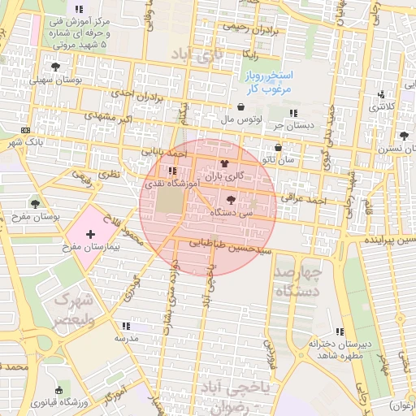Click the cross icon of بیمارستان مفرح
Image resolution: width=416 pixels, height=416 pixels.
click(x=89, y=234)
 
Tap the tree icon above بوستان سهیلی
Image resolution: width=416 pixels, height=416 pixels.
click(x=55, y=67)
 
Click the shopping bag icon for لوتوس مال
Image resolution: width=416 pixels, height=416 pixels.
click(x=240, y=107)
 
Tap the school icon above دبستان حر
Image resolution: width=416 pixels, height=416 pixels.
click(x=292, y=113)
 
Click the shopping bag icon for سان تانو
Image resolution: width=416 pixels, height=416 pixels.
click(x=279, y=148)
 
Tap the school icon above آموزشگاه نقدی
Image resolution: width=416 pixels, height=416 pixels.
click(x=171, y=171)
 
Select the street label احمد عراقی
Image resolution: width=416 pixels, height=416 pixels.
click(x=302, y=197)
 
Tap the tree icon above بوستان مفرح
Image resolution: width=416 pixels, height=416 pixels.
click(x=35, y=203)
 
